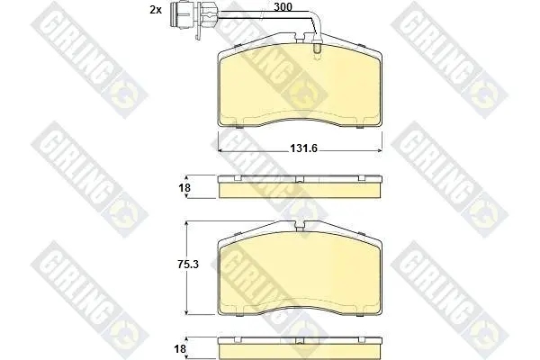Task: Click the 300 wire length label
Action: (283, 7)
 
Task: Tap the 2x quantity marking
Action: (156, 10)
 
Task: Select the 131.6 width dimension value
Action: (303, 148)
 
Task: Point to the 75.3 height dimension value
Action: (188, 265)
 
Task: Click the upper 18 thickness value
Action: (184, 188)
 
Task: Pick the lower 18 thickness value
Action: (180, 349)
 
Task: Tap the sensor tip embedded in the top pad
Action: (317, 49)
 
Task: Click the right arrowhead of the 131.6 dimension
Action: (380, 150)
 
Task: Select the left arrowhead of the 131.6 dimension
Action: (220, 150)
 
